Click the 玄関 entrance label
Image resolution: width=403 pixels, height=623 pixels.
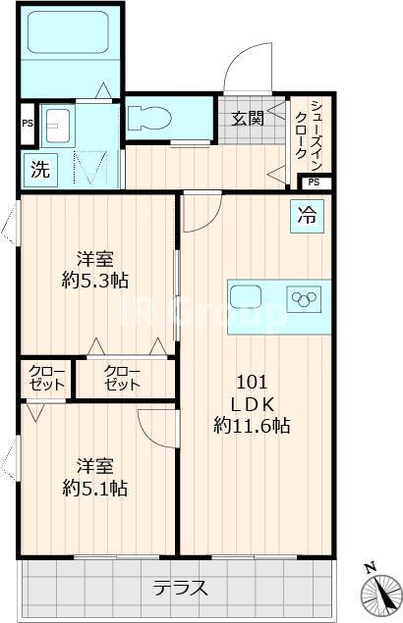point(247,120)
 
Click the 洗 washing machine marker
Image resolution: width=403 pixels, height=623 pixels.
point(40,168)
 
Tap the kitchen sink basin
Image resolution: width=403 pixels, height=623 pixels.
point(247,295)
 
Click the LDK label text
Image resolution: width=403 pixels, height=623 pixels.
point(252,403)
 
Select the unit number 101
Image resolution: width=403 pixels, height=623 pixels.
point(252,382)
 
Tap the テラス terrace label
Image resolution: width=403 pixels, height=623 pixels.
point(181,588)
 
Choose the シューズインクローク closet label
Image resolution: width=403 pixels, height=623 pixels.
point(315,132)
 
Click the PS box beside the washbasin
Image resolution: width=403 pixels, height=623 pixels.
point(28,124)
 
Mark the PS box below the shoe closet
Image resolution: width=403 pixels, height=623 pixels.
point(315,182)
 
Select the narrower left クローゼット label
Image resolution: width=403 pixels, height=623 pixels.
point(46,378)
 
